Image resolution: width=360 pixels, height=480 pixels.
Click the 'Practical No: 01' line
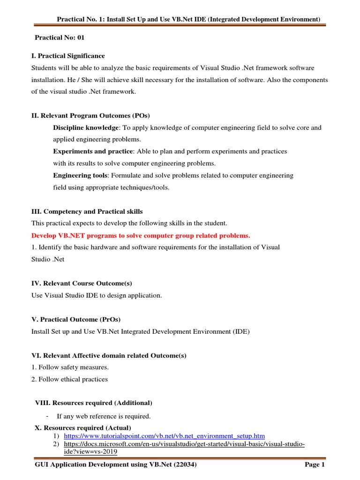(60, 37)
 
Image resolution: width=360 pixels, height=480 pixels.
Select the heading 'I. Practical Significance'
(68, 56)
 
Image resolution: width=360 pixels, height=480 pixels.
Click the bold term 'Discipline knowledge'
(86, 127)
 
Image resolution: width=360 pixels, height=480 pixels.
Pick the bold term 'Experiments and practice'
(93, 151)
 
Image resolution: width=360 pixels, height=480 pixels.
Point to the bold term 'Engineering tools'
(80, 175)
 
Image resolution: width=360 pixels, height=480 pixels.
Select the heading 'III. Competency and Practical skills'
(87, 211)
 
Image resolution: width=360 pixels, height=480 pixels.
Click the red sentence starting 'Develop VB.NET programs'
(141, 235)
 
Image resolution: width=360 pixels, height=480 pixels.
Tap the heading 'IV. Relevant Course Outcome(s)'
(82, 284)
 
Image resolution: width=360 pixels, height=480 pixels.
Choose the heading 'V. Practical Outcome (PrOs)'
(76, 319)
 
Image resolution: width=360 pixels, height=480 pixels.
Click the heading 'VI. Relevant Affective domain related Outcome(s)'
(109, 355)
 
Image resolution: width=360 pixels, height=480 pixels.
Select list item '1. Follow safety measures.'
(67, 367)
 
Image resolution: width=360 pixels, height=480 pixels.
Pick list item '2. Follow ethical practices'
(69, 379)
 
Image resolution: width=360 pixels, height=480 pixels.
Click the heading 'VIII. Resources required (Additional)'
(94, 403)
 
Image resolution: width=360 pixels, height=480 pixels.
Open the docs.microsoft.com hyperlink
(184, 444)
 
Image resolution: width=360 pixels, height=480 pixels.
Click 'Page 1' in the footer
(315, 465)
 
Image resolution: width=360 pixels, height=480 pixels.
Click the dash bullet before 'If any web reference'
(48, 416)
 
